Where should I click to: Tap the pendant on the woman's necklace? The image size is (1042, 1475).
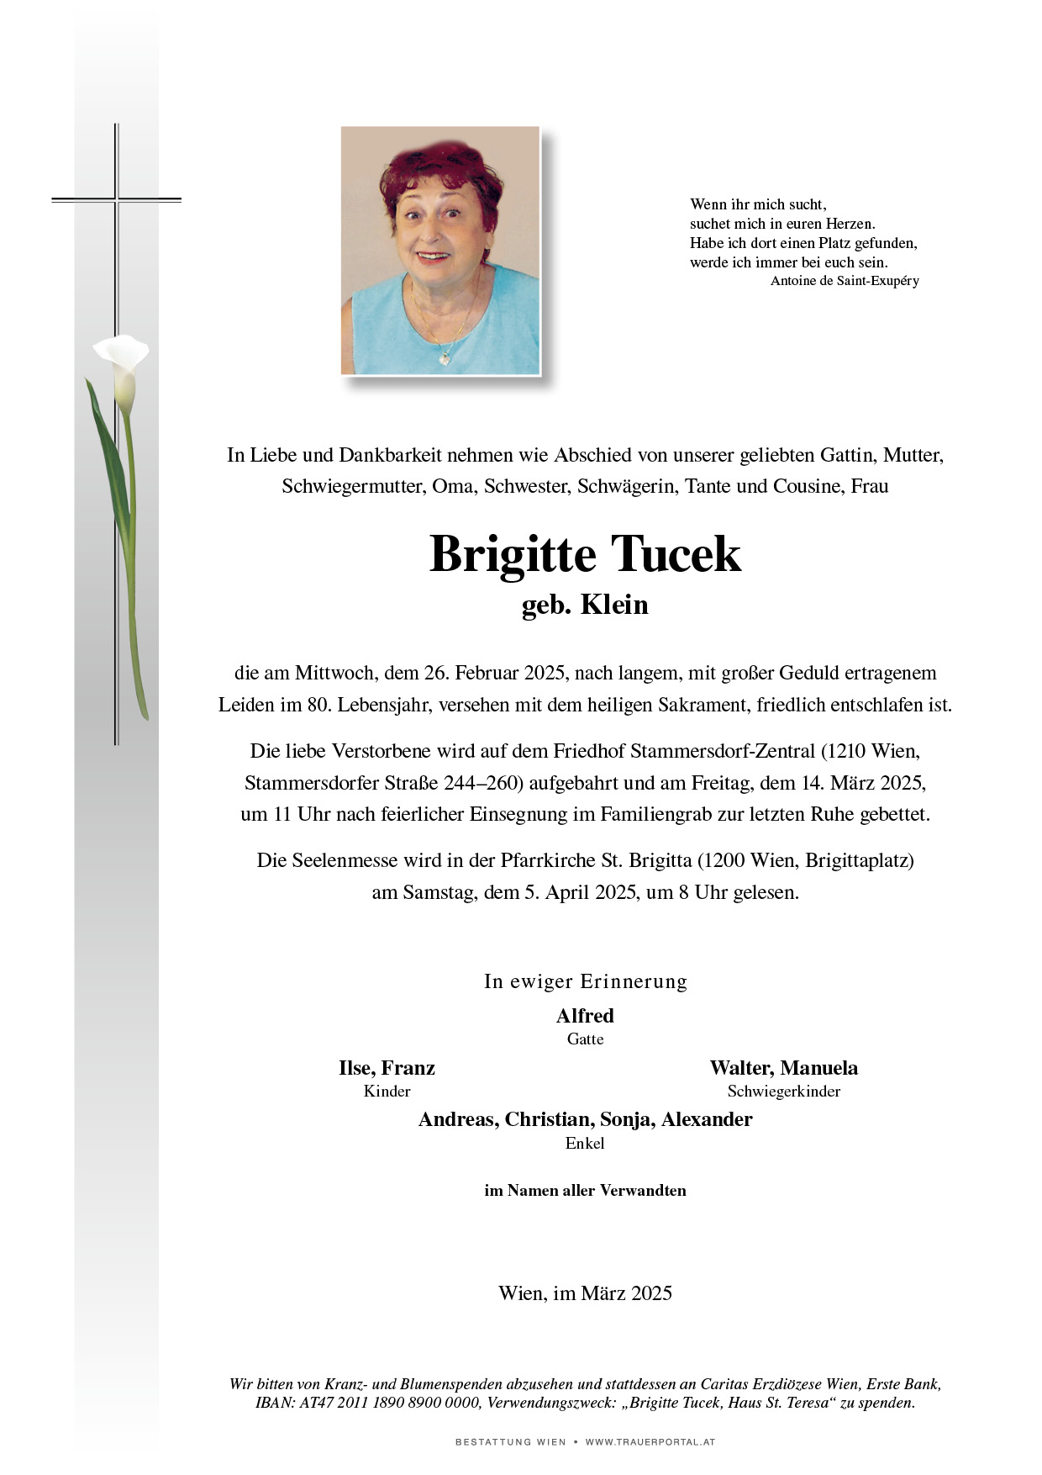(445, 357)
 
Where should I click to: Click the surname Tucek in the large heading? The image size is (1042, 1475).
(676, 554)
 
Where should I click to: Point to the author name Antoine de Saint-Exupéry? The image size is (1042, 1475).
(844, 281)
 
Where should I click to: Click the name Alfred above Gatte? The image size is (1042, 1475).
(585, 1016)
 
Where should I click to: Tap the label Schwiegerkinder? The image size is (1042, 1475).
(783, 1092)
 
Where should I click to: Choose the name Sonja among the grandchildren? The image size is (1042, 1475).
(628, 1119)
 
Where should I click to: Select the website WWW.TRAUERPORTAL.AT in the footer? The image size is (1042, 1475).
(650, 1441)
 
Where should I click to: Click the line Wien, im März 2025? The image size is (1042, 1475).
(585, 1293)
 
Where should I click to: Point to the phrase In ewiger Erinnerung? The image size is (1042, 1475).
(585, 981)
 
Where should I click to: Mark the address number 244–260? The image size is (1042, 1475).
(483, 783)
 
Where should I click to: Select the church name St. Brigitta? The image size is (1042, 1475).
(647, 860)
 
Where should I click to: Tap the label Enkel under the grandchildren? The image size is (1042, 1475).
(585, 1144)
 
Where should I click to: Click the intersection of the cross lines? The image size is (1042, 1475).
(117, 200)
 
